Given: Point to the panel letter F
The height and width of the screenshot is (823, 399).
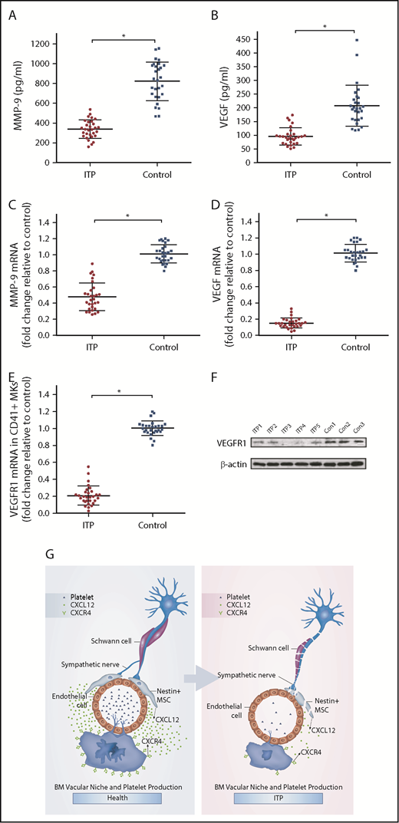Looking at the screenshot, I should [x=216, y=377].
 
